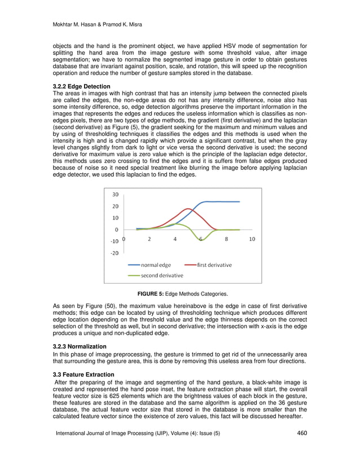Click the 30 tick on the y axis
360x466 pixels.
tap(115, 195)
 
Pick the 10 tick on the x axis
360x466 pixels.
tap(252, 239)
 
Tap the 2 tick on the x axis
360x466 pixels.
tap(149, 239)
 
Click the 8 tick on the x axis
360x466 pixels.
tap(226, 239)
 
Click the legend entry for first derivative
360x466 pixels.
tap(214, 265)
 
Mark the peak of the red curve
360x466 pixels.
tap(187, 209)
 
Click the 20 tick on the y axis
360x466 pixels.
tap(115, 206)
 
